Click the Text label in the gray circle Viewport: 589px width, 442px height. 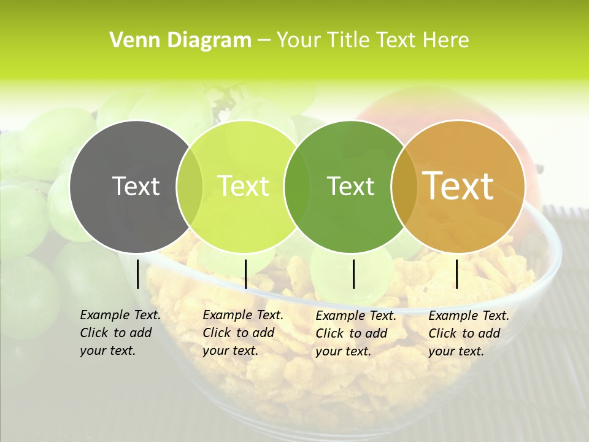[x=136, y=186]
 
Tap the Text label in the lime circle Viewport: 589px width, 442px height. [x=244, y=186]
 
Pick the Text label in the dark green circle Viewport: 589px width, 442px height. [x=351, y=186]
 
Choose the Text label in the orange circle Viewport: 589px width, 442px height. [x=458, y=186]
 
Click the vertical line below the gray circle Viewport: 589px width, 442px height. [x=138, y=274]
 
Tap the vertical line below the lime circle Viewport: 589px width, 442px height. [x=245, y=274]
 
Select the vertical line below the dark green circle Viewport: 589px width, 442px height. [x=354, y=274]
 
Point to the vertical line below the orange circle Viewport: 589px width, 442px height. [x=457, y=274]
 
